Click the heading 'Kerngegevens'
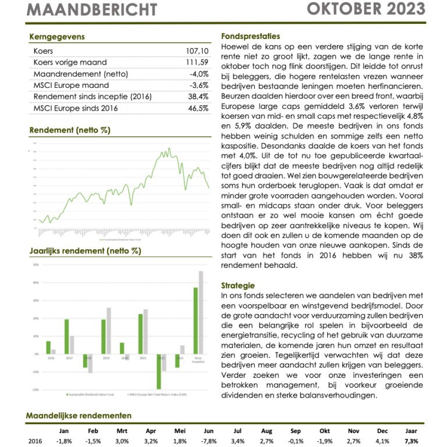click(x=56, y=37)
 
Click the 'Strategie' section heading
click(x=238, y=285)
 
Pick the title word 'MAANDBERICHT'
click(x=93, y=9)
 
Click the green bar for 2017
click(x=67, y=336)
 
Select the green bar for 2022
click(x=159, y=371)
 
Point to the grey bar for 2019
click(x=108, y=331)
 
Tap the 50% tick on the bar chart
click(x=36, y=265)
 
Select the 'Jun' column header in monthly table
click(x=208, y=431)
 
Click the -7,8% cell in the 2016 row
click(x=208, y=441)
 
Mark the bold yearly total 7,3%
click(x=411, y=441)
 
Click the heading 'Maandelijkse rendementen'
click(x=79, y=416)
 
